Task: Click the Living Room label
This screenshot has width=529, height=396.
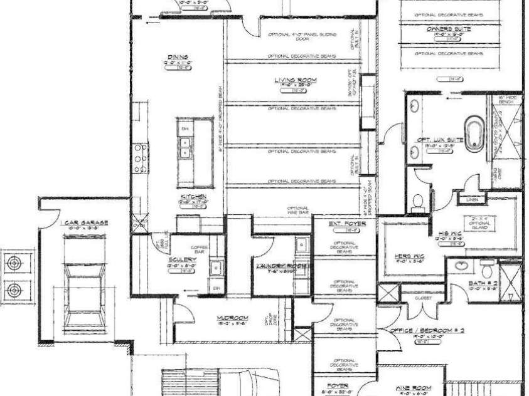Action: point(295,80)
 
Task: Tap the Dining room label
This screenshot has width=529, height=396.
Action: point(178,58)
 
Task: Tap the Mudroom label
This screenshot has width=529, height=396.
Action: point(231,317)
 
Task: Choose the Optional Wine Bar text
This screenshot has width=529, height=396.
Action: point(297,211)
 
